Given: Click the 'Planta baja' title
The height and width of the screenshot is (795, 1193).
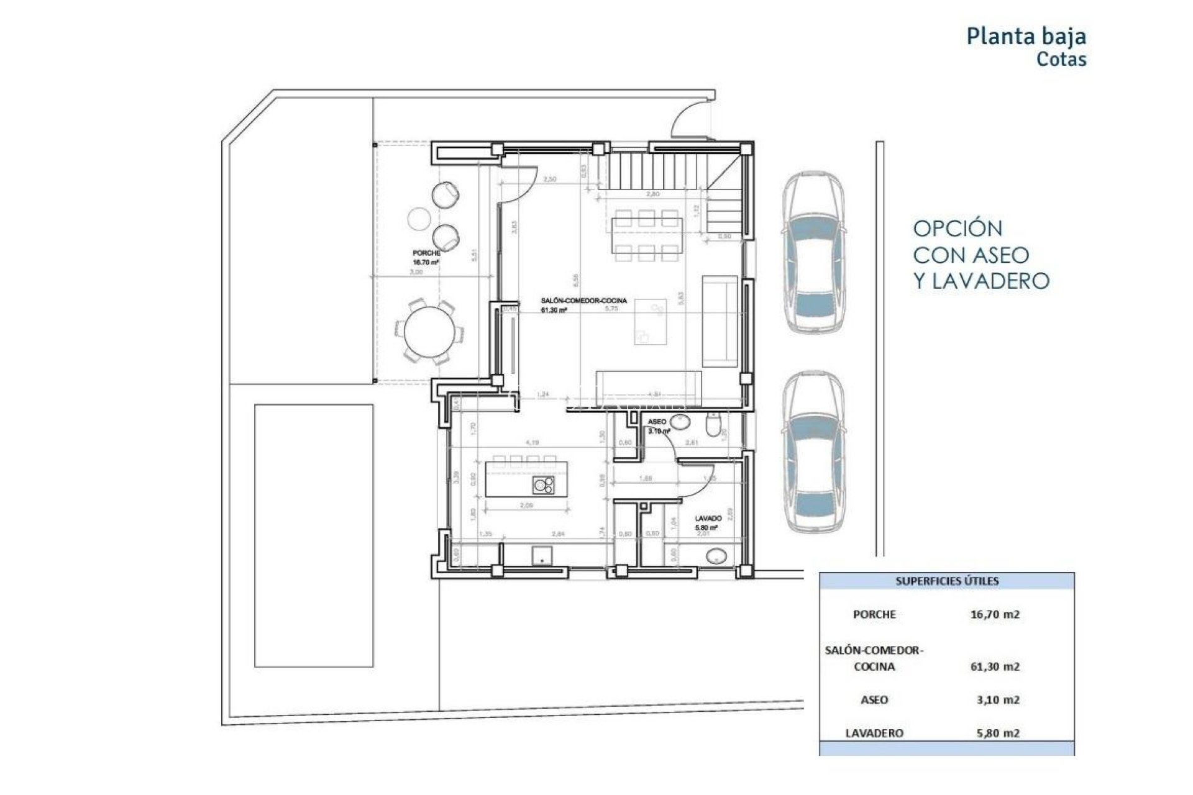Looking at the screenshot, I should pyautogui.click(x=1026, y=36).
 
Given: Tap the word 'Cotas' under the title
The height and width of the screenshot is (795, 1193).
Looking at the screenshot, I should pyautogui.click(x=1061, y=60).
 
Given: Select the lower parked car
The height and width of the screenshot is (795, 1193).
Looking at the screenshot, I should pyautogui.click(x=813, y=452).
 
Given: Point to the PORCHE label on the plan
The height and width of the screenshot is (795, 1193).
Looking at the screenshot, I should pyautogui.click(x=426, y=253).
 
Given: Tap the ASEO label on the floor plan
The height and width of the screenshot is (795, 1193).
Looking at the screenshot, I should pyautogui.click(x=656, y=422).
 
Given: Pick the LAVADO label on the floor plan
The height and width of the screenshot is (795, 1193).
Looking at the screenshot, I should pyautogui.click(x=708, y=518).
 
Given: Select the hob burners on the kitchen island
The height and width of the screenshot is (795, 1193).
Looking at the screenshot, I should pyautogui.click(x=544, y=485).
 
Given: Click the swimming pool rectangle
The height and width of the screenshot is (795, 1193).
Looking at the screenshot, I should pyautogui.click(x=314, y=535).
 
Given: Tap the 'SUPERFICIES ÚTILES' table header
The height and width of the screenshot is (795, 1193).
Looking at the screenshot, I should pyautogui.click(x=946, y=581).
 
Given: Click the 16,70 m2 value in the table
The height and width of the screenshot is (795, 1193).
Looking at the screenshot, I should pyautogui.click(x=994, y=614).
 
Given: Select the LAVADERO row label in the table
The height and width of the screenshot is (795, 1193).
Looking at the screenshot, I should pyautogui.click(x=874, y=733).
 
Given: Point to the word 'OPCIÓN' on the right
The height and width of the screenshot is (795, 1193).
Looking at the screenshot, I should pyautogui.click(x=957, y=229).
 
